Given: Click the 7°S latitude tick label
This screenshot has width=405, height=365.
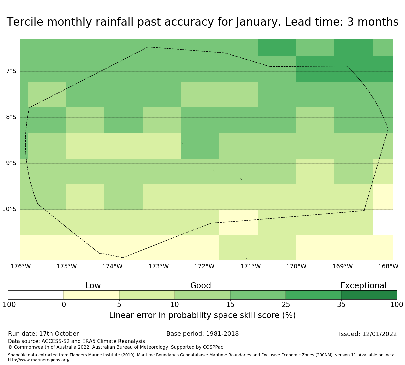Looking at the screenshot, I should point(11,71).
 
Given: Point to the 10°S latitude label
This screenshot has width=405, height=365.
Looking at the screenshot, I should point(9,209).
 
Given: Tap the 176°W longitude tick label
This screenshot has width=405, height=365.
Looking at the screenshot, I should point(20,266).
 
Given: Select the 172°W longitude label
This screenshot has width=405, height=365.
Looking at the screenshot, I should point(204,266).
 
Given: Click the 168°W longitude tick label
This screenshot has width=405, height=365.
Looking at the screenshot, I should point(388,266).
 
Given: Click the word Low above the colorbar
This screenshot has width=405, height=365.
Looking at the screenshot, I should point(93,286).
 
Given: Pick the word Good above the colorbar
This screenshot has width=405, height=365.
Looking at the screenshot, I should point(201,286).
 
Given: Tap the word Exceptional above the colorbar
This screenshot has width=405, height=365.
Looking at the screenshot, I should point(363,286).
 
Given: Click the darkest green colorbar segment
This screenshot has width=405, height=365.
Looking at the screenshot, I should point(369,295).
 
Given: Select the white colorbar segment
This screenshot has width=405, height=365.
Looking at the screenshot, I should point(36,295).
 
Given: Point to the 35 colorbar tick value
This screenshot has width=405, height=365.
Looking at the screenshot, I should point(341,304).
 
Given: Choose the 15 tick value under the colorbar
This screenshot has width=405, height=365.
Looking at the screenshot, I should point(230,304).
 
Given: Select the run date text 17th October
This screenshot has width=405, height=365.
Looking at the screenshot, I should point(59,334).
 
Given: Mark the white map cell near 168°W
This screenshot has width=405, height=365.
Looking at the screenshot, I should point(383,222).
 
